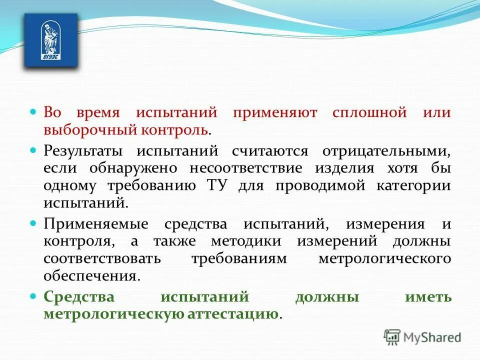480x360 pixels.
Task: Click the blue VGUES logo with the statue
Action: (51, 40)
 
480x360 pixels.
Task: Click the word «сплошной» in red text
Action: (369, 112)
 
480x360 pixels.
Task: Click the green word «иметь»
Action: (428, 296)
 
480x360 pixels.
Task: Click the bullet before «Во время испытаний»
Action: (33, 112)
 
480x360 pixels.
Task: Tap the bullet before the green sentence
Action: (33, 296)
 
